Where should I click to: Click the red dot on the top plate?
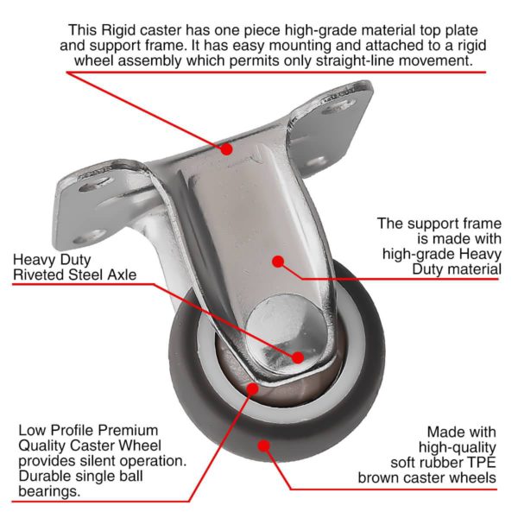(226, 149)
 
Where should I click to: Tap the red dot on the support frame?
(279, 262)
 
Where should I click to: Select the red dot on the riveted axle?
(298, 357)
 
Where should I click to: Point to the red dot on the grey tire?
(263, 446)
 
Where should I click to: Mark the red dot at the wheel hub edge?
(253, 388)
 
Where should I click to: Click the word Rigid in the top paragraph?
(118, 30)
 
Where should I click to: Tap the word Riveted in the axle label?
(39, 275)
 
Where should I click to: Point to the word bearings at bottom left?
(49, 492)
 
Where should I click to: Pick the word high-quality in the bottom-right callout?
(458, 447)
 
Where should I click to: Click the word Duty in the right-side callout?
(426, 269)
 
